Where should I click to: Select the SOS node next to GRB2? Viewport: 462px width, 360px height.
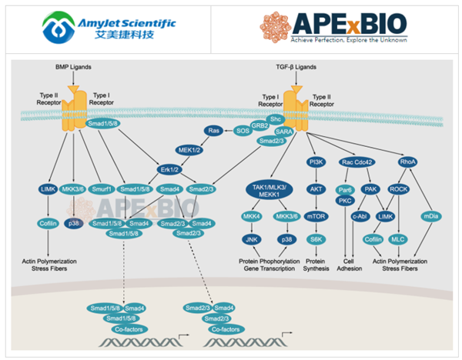coord(243,131)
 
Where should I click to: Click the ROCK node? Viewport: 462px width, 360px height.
coord(398,188)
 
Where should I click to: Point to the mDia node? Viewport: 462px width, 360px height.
coord(430,217)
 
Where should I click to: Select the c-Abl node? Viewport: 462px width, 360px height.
coord(359,217)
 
